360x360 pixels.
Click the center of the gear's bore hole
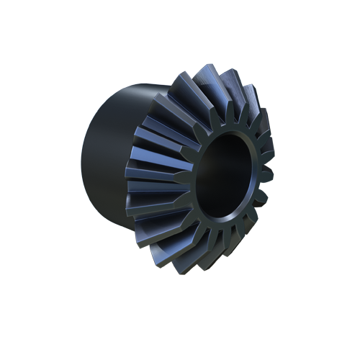225,180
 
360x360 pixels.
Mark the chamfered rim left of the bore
193,180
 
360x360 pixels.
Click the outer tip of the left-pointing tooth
130,173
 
